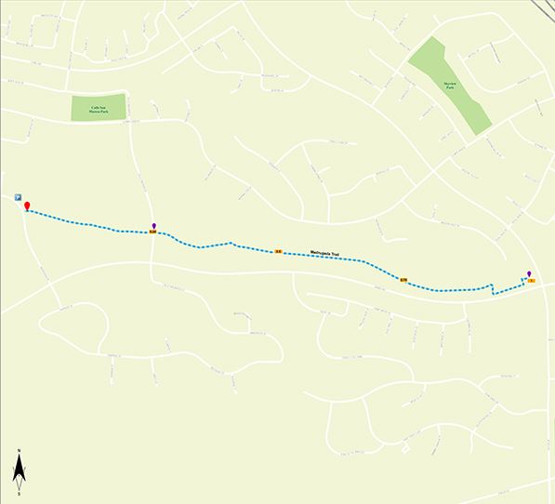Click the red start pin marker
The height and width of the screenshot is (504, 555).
click(27, 206)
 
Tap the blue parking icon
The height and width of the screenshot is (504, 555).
click(18, 197)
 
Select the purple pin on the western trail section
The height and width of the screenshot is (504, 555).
click(153, 226)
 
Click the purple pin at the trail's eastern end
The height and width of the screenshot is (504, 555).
click(529, 273)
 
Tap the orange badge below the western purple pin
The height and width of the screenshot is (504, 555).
click(153, 232)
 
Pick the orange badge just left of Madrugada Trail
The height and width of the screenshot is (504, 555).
click(278, 251)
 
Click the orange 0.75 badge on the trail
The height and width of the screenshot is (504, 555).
click(404, 279)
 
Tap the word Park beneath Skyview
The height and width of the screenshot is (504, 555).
click(450, 86)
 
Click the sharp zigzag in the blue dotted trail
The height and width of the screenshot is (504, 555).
click(491, 287)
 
